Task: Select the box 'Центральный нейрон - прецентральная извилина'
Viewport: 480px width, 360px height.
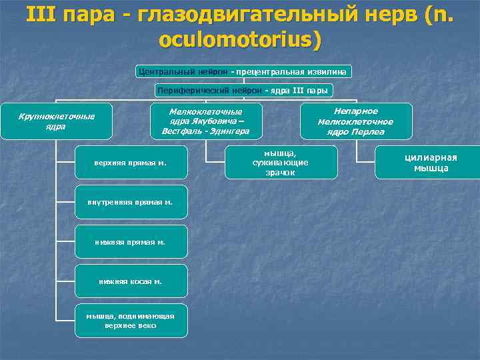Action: click(244, 71)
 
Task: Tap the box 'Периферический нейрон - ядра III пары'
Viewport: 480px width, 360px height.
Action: click(244, 89)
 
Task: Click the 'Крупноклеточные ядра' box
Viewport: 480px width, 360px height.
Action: click(56, 121)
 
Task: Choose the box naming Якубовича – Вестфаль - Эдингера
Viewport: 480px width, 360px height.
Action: click(205, 121)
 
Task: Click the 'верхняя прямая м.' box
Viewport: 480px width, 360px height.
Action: click(131, 162)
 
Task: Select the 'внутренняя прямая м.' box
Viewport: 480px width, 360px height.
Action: click(131, 202)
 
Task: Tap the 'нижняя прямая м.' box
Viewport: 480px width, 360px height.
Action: click(131, 242)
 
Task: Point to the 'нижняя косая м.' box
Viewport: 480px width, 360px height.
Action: click(131, 281)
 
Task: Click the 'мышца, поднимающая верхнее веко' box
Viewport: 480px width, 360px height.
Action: click(131, 321)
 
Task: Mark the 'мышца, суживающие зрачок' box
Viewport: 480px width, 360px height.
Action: click(281, 162)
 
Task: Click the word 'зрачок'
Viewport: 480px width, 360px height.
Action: click(281, 172)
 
